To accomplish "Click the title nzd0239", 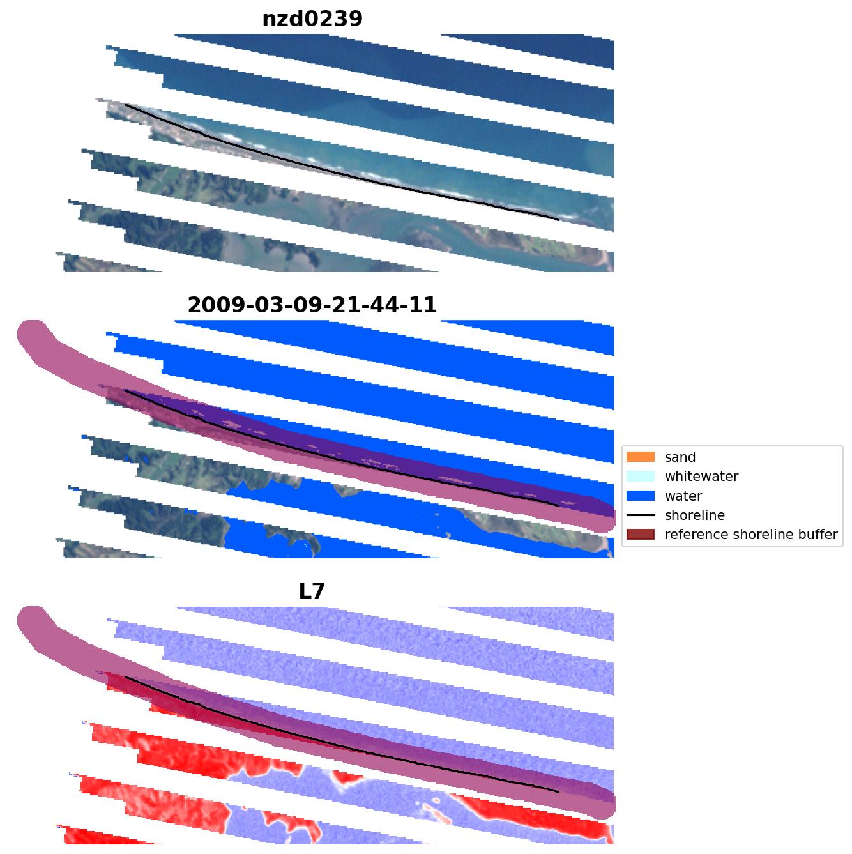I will point(312,19).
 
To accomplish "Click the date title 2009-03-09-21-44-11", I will point(312,305).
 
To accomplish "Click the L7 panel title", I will point(312,591).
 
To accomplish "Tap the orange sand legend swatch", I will point(641,457).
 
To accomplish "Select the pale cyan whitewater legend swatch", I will point(641,477).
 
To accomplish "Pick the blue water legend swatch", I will point(641,496).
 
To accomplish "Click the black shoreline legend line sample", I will point(641,515).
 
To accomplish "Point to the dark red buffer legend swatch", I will point(641,535).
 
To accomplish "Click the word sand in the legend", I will point(680,457).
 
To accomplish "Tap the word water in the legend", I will point(683,496).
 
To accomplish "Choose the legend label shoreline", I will point(694,515).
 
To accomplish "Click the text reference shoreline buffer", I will point(750,535).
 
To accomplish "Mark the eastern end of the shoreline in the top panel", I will point(559,220).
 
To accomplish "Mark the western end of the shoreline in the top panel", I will point(125,105).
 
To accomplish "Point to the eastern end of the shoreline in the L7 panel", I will point(559,792).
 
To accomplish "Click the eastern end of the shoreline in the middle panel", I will point(559,506).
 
